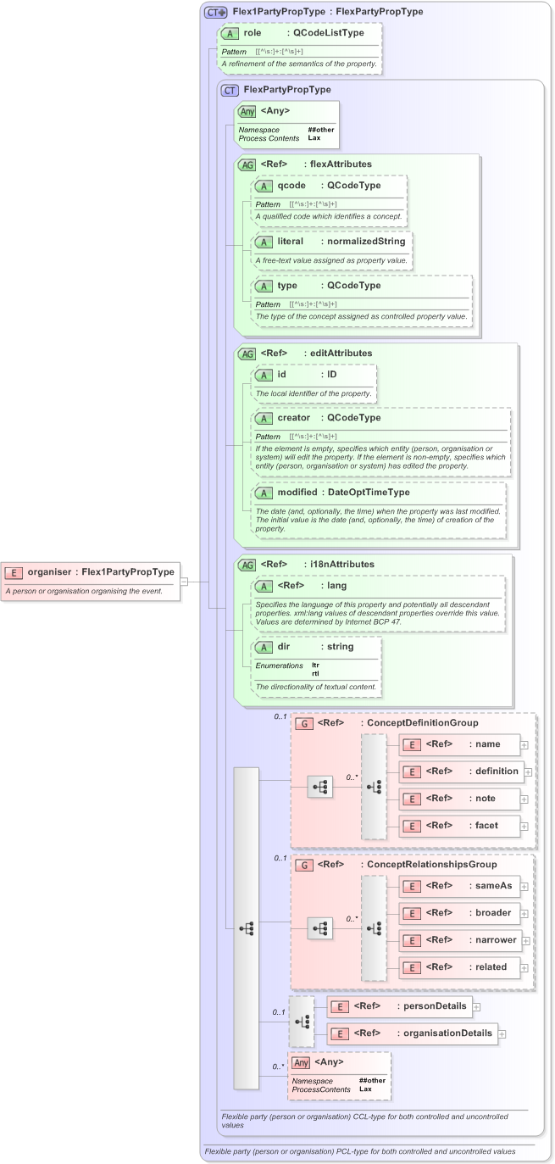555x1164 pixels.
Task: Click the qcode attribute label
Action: (291, 185)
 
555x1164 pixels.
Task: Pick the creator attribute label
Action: (293, 418)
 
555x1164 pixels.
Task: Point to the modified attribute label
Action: (297, 493)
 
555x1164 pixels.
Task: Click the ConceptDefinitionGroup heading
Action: (419, 723)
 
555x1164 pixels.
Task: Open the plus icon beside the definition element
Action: (528, 771)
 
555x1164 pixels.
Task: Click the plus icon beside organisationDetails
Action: (502, 1033)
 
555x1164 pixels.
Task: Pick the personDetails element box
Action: (399, 1006)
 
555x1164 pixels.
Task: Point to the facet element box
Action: (458, 825)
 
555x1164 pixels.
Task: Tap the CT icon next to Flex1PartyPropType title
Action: (216, 12)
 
